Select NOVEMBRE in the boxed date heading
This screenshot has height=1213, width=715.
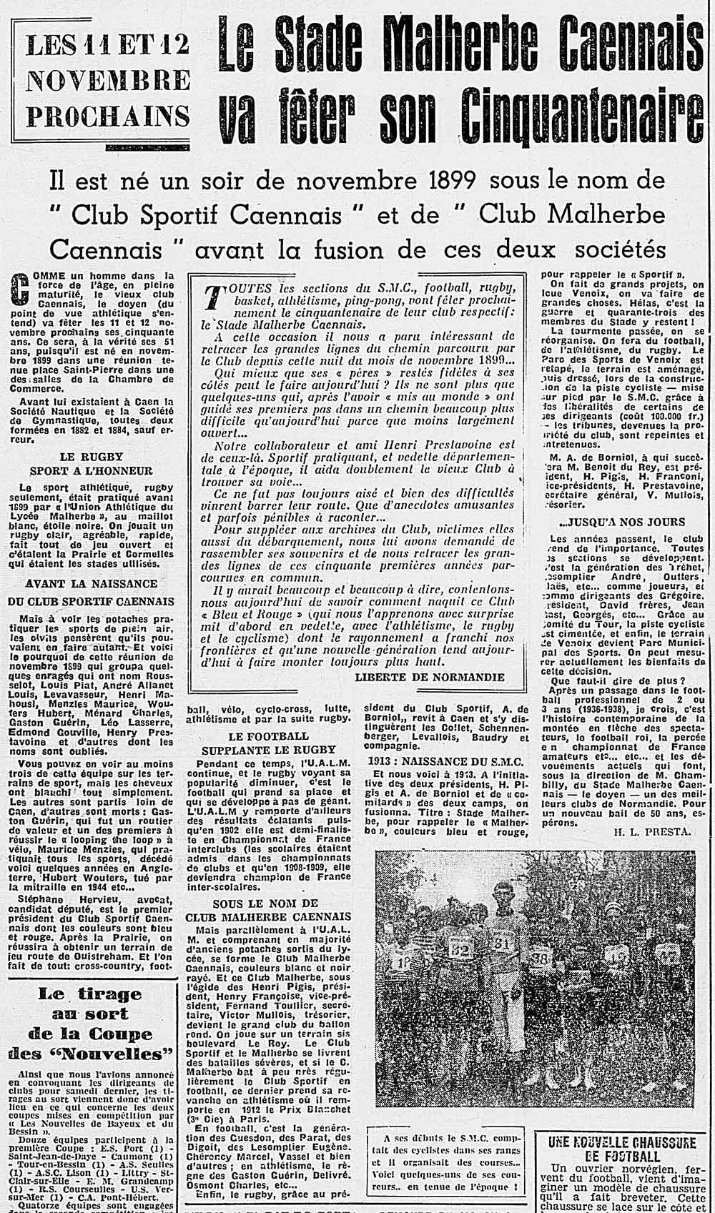pyautogui.click(x=107, y=80)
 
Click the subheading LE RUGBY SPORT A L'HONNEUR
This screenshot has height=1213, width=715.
pyautogui.click(x=91, y=463)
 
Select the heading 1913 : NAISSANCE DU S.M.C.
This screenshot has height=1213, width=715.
pyautogui.click(x=447, y=761)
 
